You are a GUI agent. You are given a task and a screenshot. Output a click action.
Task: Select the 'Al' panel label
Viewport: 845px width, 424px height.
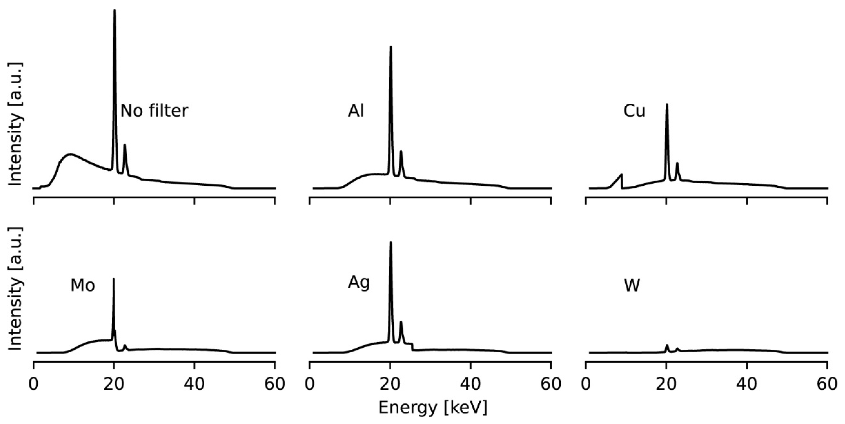pyautogui.click(x=356, y=111)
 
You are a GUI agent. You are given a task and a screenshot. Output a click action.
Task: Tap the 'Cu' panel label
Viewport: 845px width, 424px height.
pyautogui.click(x=634, y=111)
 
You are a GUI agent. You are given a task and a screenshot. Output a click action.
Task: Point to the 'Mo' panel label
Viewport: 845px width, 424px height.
pyautogui.click(x=83, y=285)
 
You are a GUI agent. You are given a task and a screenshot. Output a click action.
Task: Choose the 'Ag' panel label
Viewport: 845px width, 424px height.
pyautogui.click(x=359, y=283)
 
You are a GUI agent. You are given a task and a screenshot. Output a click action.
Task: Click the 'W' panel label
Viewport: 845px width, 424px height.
pyautogui.click(x=632, y=285)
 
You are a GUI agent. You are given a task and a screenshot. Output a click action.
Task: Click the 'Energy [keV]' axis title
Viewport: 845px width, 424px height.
pyautogui.click(x=433, y=408)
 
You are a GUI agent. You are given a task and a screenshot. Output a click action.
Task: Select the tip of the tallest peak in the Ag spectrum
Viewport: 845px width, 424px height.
pyautogui.click(x=391, y=243)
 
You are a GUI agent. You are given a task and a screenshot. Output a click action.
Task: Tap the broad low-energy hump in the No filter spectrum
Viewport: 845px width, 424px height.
pyautogui.click(x=71, y=154)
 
